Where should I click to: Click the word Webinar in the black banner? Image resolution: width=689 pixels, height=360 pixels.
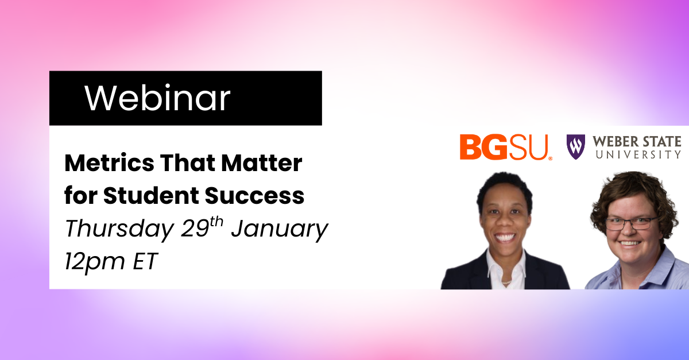[157, 98]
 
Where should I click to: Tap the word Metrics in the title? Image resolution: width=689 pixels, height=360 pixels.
[110, 162]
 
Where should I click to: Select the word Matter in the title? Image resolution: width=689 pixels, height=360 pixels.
[262, 162]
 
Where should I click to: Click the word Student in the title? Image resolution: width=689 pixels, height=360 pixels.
[152, 195]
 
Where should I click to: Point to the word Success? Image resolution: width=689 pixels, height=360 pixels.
[255, 195]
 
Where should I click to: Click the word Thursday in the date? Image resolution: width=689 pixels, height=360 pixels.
[119, 230]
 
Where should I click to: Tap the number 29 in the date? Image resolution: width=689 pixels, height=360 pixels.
[195, 229]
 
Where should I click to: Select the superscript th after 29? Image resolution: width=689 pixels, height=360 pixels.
[216, 222]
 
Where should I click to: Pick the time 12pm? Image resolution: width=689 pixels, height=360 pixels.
[95, 262]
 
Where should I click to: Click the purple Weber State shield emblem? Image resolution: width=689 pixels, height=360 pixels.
[575, 147]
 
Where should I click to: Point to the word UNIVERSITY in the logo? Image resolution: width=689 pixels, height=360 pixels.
[638, 154]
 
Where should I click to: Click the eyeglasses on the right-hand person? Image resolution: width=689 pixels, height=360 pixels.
[631, 223]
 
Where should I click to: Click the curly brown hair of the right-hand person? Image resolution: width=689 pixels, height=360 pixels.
[634, 194]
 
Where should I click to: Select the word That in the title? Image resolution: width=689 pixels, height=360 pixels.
[188, 162]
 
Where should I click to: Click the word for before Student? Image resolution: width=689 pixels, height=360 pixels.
[81, 195]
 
